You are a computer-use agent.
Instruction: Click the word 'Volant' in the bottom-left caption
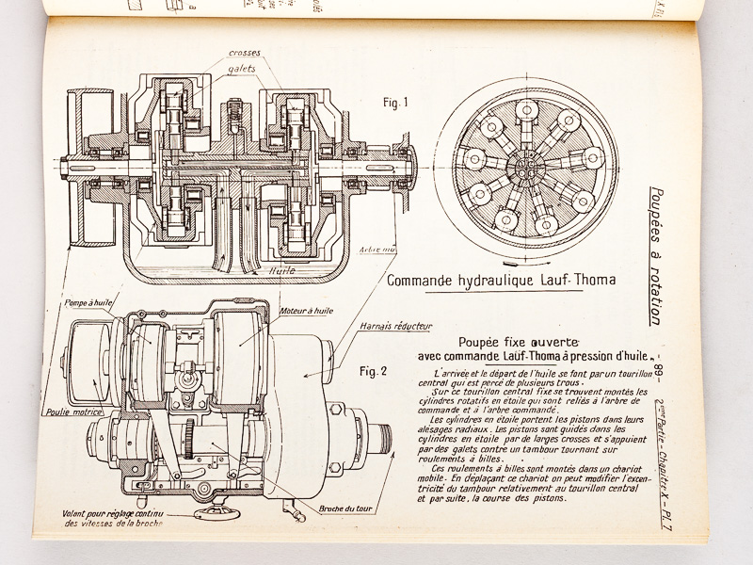click(x=52, y=512)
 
